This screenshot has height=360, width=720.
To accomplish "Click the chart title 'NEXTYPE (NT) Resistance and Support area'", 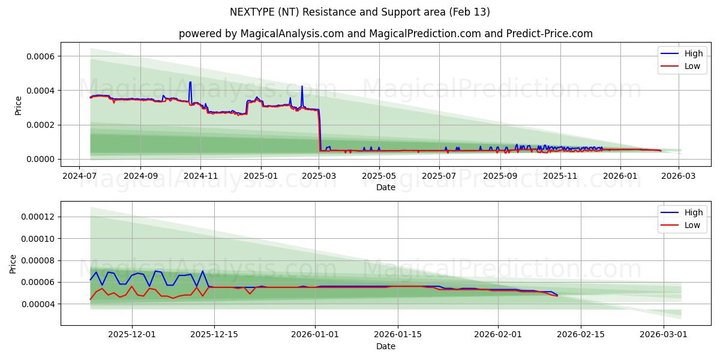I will pyautogui.click(x=360, y=12).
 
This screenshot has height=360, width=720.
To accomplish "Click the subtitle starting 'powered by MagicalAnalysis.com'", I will pyautogui.click(x=385, y=34).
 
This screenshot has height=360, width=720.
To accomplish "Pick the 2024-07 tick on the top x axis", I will pyautogui.click(x=80, y=176).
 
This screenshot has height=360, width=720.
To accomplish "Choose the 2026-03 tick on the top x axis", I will pyautogui.click(x=679, y=176).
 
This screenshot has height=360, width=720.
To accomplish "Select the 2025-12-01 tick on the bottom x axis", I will pyautogui.click(x=132, y=335).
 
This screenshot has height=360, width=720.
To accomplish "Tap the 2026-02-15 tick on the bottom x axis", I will pyautogui.click(x=581, y=335).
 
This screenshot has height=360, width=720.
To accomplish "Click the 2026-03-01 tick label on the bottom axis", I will pyautogui.click(x=663, y=335).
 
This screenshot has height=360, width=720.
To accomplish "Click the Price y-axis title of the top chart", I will pyautogui.click(x=19, y=105).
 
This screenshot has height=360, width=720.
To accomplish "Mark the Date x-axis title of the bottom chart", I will pyautogui.click(x=385, y=346).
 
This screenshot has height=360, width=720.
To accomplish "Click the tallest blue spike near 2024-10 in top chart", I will pyautogui.click(x=190, y=82).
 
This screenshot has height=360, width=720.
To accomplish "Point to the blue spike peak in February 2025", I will pyautogui.click(x=302, y=86).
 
